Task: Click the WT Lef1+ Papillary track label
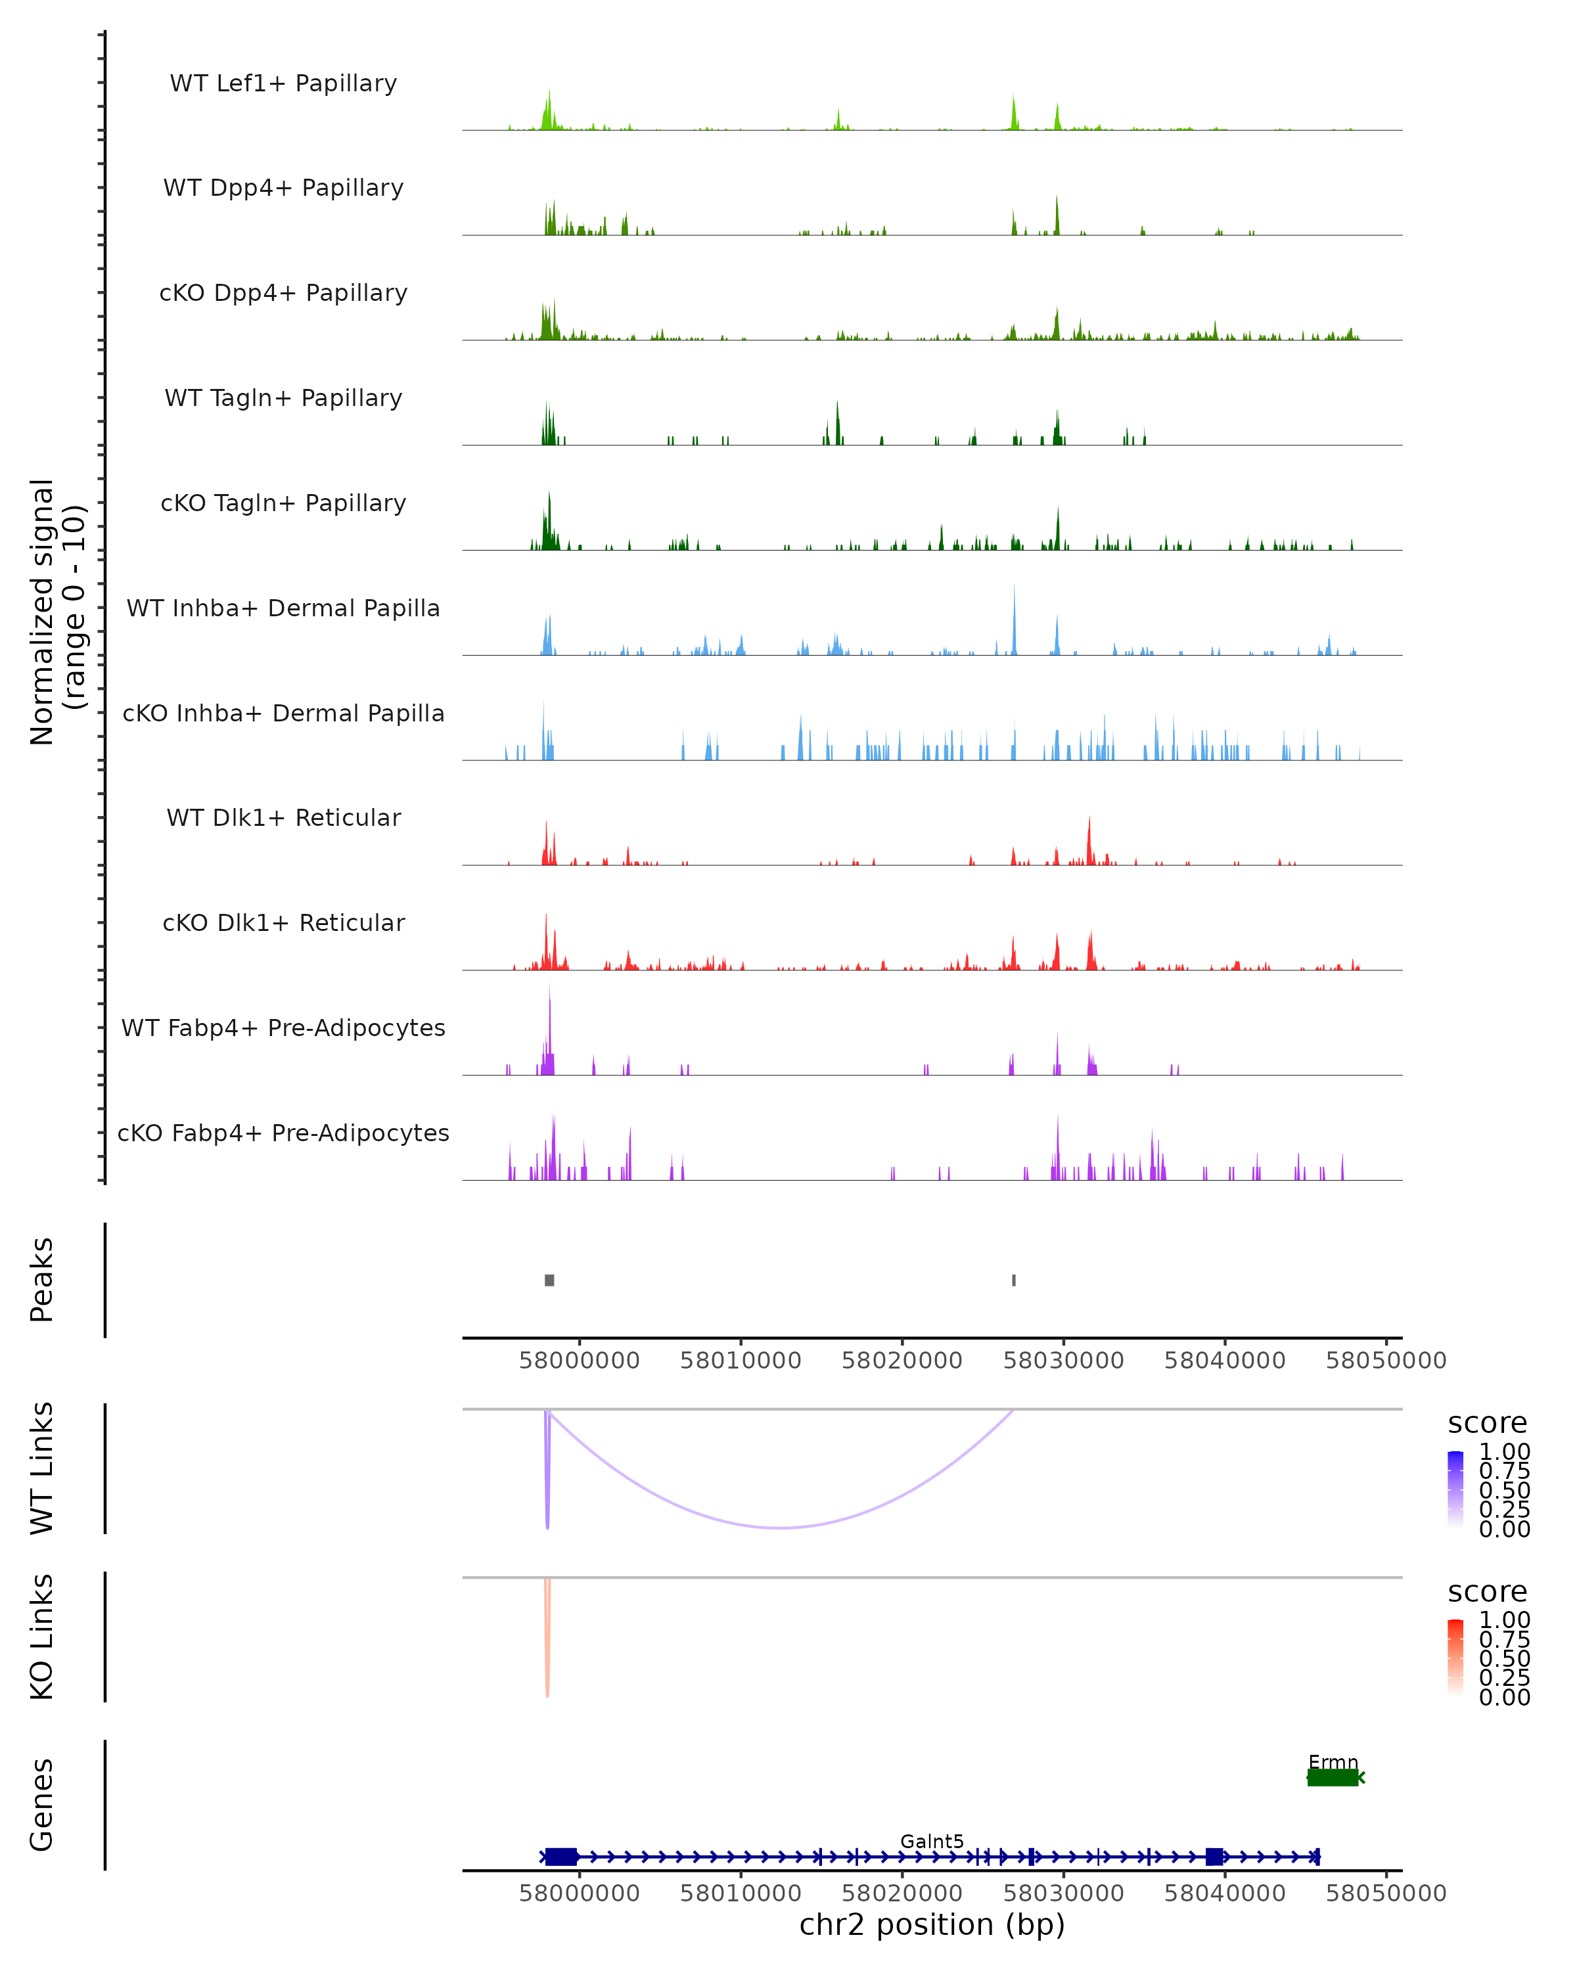[x=283, y=83]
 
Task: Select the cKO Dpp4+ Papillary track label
[x=283, y=292]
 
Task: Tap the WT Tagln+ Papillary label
[x=283, y=397]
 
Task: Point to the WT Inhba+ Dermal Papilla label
[x=283, y=608]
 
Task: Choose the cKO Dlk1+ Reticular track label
[x=283, y=922]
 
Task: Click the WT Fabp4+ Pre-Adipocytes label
[x=283, y=1028]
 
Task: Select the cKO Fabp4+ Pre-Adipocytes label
[x=283, y=1133]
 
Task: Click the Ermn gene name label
[x=1333, y=1761]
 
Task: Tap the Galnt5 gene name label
[x=932, y=1841]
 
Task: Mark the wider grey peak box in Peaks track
[x=549, y=1280]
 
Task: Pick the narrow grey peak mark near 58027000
[x=1014, y=1280]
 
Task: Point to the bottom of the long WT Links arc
[x=780, y=1528]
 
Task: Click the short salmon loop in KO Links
[x=547, y=1664]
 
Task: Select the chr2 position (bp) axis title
[x=932, y=1924]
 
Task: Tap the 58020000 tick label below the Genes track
[x=902, y=1892]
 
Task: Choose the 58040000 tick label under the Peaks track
[x=1224, y=1361]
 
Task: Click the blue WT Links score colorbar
[x=1455, y=1488]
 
